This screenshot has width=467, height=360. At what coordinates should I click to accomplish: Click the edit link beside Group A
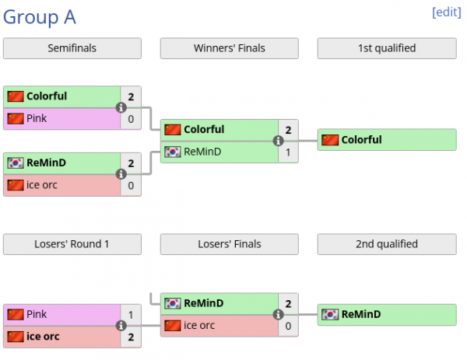446,12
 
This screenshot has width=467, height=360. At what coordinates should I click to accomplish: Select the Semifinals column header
72,48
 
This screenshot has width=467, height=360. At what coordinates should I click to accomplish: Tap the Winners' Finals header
230,48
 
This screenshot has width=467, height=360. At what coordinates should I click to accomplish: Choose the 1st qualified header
387,48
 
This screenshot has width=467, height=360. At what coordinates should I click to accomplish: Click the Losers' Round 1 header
72,244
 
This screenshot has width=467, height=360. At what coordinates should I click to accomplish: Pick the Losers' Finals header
230,244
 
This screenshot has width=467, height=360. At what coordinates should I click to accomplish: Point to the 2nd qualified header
387,244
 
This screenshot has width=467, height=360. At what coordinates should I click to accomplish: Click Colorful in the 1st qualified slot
361,140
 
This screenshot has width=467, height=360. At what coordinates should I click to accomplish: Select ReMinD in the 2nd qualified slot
361,314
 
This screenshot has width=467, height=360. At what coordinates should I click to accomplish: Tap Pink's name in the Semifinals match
37,119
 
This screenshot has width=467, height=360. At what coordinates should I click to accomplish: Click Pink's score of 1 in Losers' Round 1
132,315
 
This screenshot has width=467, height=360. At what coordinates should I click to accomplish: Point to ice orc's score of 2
132,337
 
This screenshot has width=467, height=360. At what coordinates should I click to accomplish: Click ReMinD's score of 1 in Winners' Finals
289,152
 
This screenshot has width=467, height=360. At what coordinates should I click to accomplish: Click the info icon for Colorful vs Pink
121,107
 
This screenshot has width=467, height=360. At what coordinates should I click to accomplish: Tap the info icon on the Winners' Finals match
278,141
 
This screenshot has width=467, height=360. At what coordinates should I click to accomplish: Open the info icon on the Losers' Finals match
278,315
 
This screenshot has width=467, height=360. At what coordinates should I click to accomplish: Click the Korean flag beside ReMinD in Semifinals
16,163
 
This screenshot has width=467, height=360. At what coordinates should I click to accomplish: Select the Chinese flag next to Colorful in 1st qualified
330,140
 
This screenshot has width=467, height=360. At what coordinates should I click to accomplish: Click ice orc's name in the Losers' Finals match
199,326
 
